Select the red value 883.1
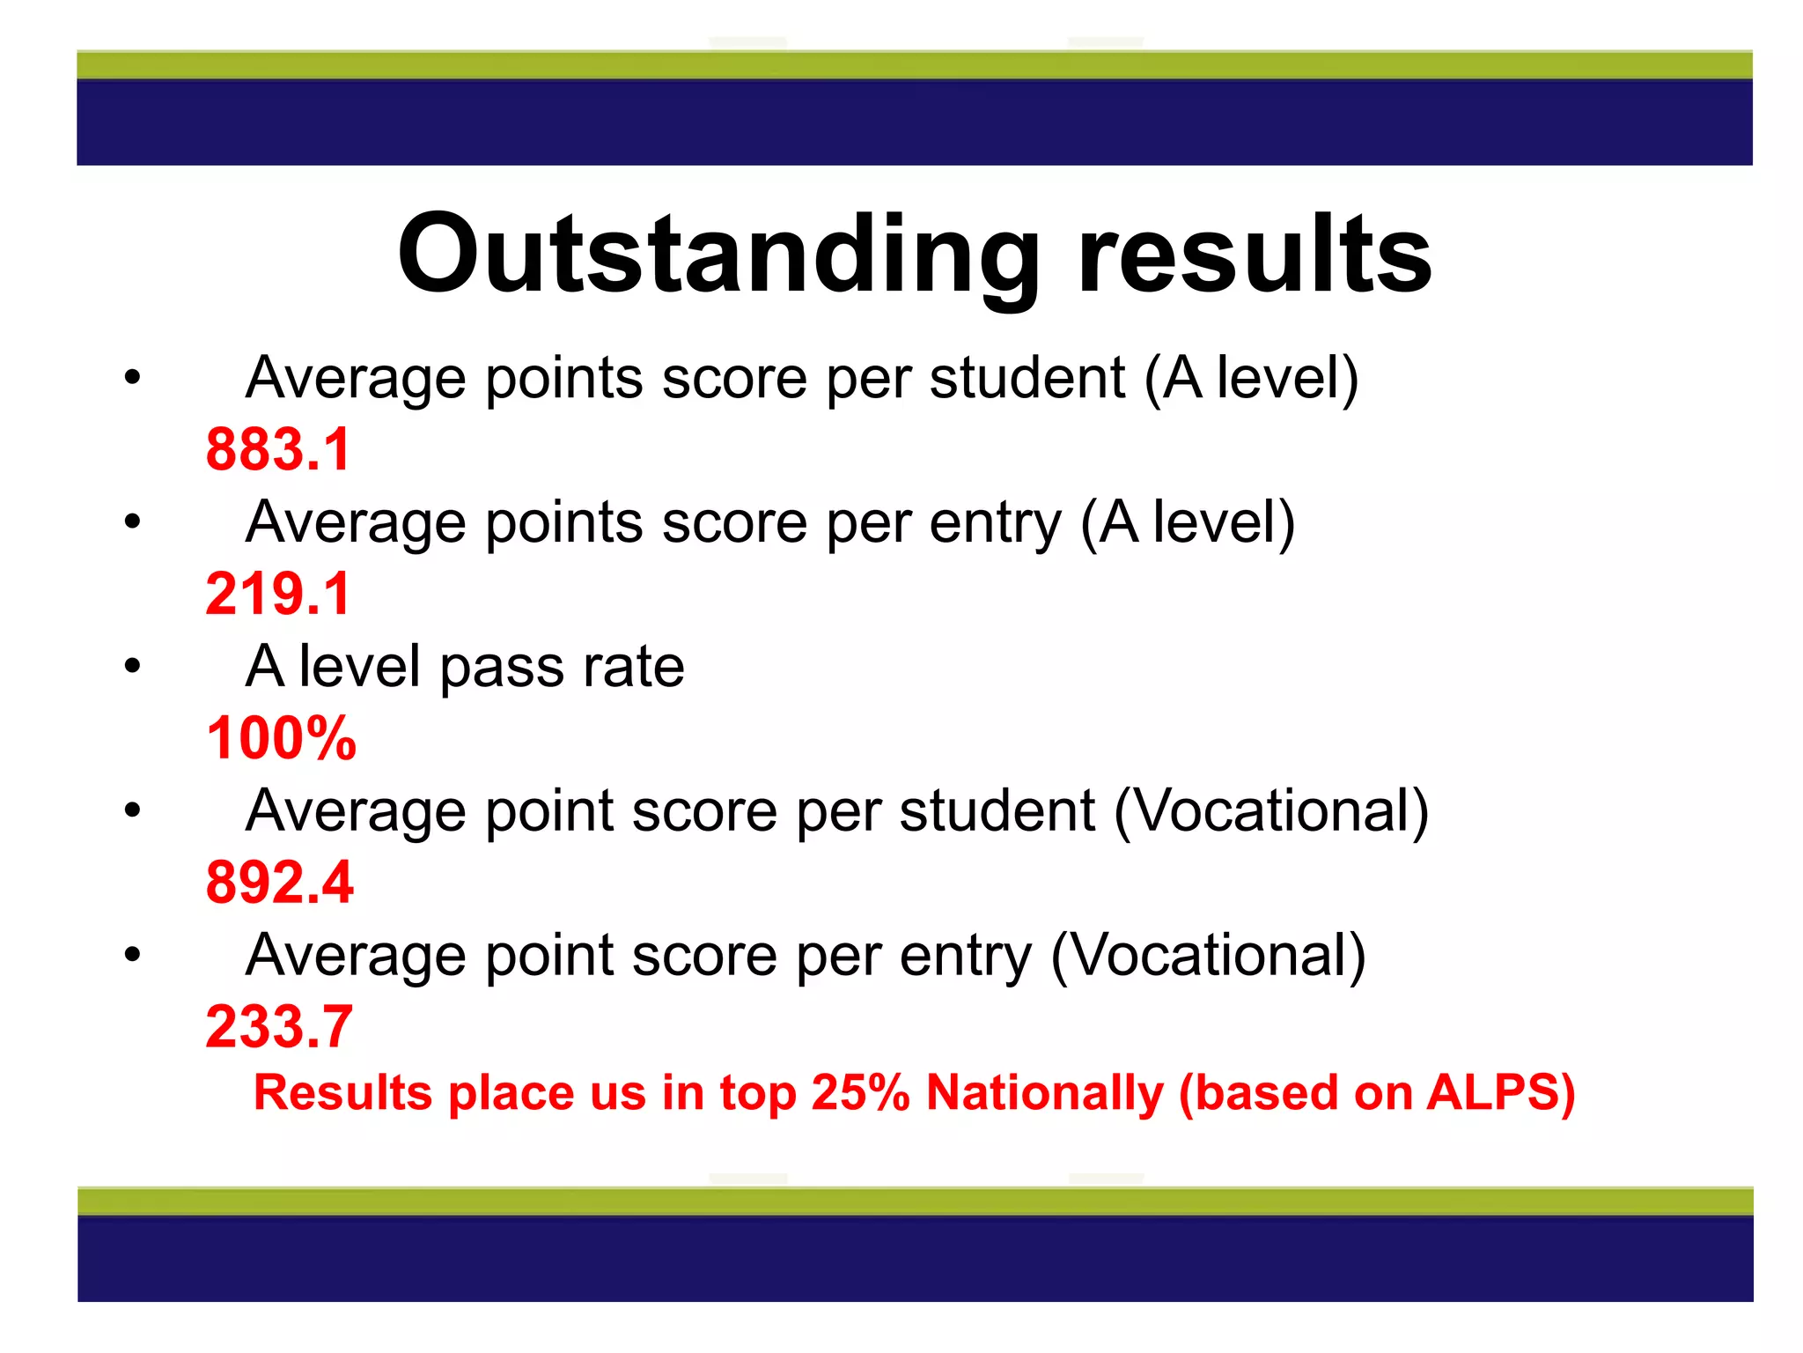[x=278, y=449]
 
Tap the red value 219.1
[x=278, y=594]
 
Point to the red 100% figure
[x=281, y=738]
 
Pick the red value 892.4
[x=279, y=883]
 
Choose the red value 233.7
[x=279, y=1027]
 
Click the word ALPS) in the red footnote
[x=1500, y=1093]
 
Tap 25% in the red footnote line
[x=859, y=1093]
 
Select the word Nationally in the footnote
[x=1045, y=1093]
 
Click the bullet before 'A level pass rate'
[x=132, y=666]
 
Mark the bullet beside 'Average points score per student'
[x=132, y=378]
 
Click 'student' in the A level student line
[x=1027, y=378]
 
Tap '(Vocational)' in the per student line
[x=1271, y=811]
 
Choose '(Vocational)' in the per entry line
[x=1208, y=956]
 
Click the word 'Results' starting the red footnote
[x=342, y=1093]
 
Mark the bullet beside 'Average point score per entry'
[x=132, y=955]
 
